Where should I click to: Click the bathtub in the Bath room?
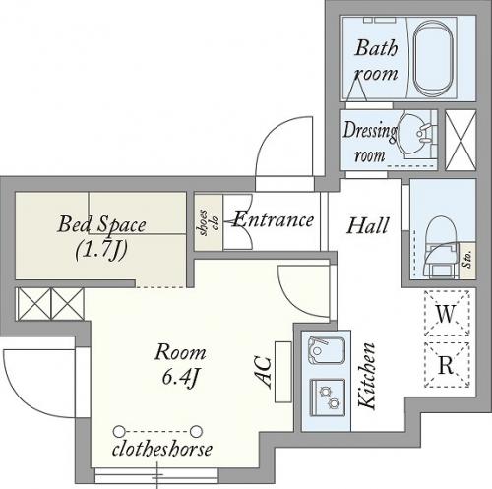coord(433,58)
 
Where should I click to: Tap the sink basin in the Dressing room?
coord(414,134)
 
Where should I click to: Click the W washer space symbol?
coord(447,313)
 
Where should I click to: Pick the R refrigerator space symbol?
coord(447,365)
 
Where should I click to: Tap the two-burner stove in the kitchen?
coord(328,397)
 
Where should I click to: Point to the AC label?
coord(264,372)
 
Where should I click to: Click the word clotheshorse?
coord(162,449)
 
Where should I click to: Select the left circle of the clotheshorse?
coord(119,431)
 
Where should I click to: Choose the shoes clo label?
coord(209,222)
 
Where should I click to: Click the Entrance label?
coord(273,219)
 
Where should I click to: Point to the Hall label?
coord(368,225)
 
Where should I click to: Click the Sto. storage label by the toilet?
coord(467,260)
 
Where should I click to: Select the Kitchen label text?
coord(367,376)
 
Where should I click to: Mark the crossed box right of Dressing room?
coord(461,140)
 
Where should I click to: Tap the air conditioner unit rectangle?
coord(283,372)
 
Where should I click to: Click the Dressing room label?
coord(370,142)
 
